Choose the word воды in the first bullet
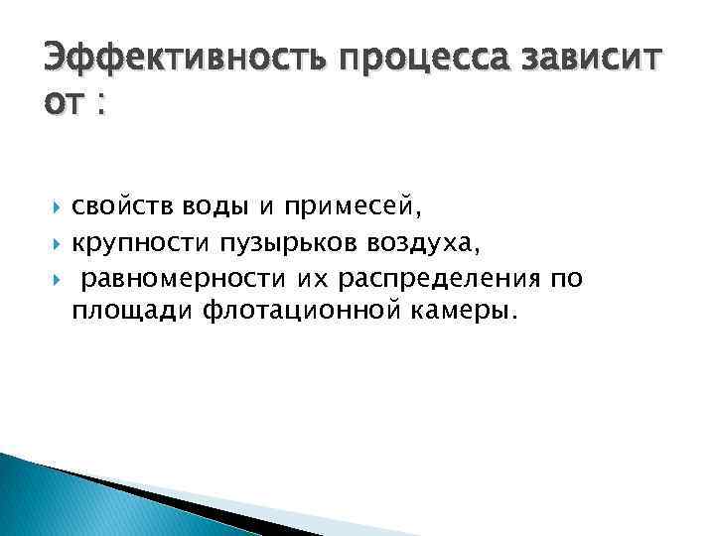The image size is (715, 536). pyautogui.click(x=207, y=206)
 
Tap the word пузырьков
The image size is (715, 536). pyautogui.click(x=269, y=243)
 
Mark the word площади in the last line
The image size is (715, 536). pyautogui.click(x=131, y=314)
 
